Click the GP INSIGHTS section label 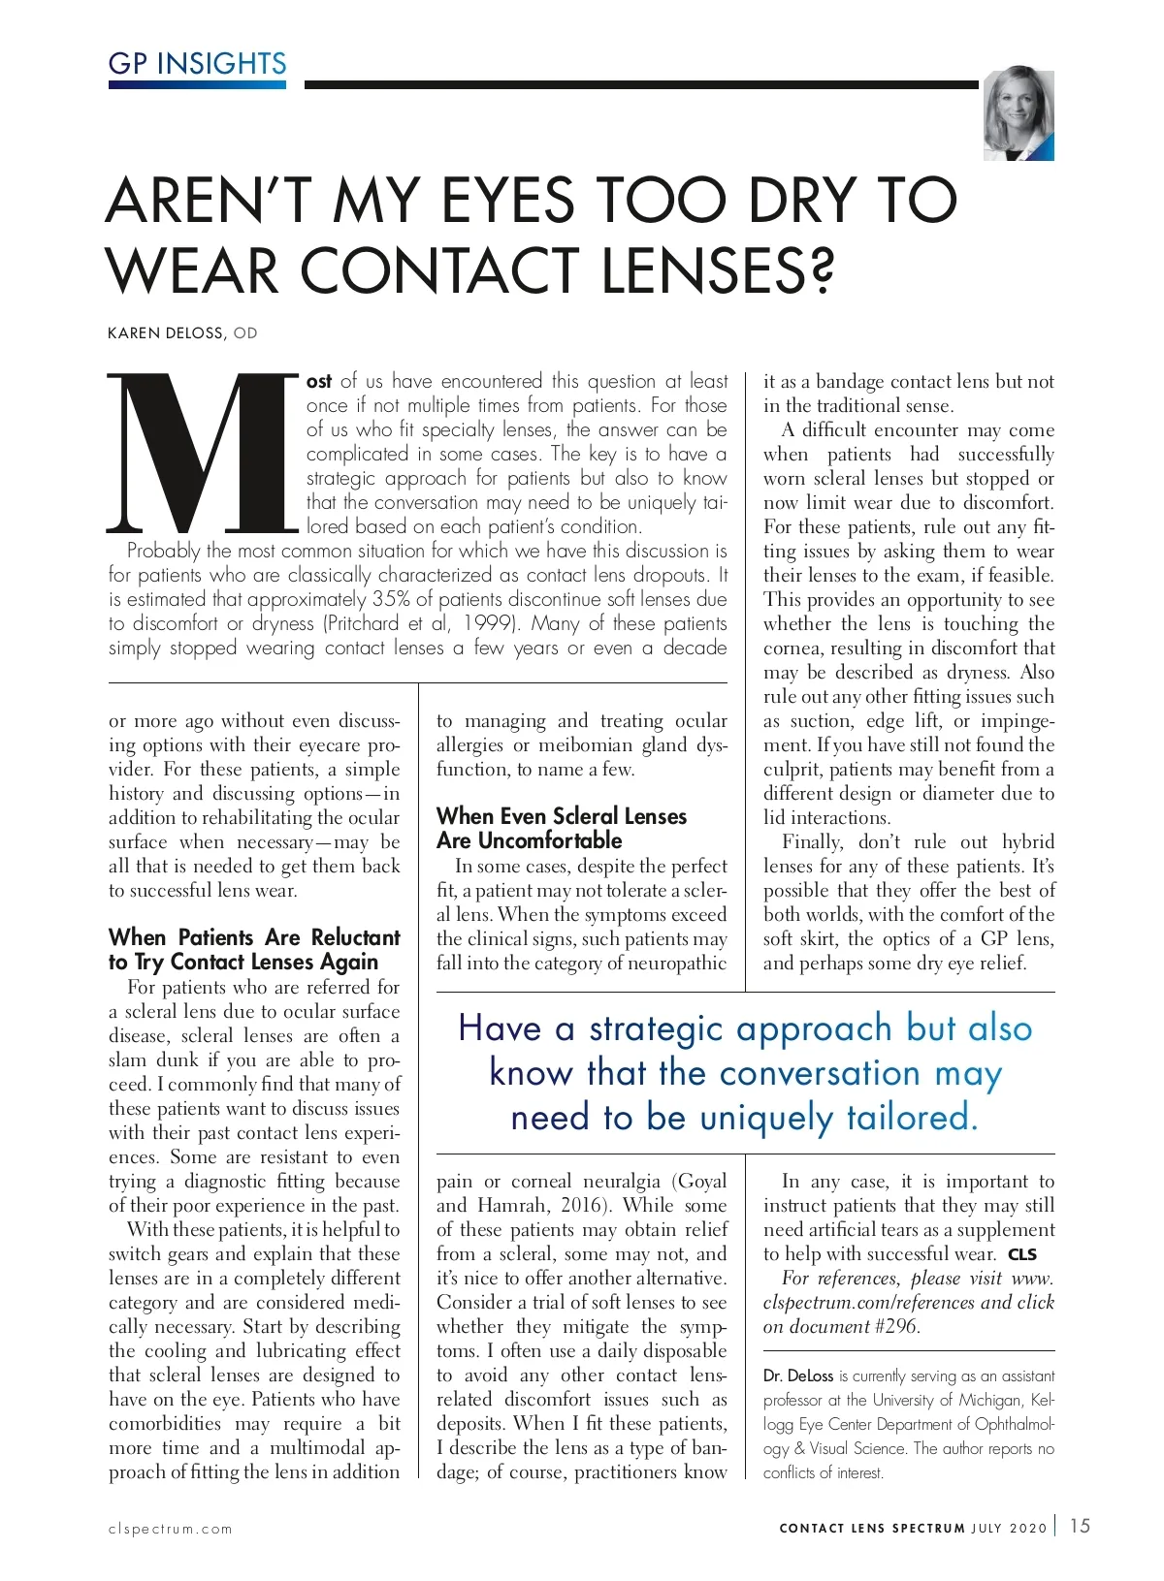point(197,64)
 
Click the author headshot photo point(1018,113)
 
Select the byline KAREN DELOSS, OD point(182,333)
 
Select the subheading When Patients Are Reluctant point(254,937)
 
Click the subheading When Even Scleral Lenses point(561,816)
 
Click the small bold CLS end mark point(1022,1254)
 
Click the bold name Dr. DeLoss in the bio point(797,1375)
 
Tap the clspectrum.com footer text point(171,1529)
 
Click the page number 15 point(1080,1526)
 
